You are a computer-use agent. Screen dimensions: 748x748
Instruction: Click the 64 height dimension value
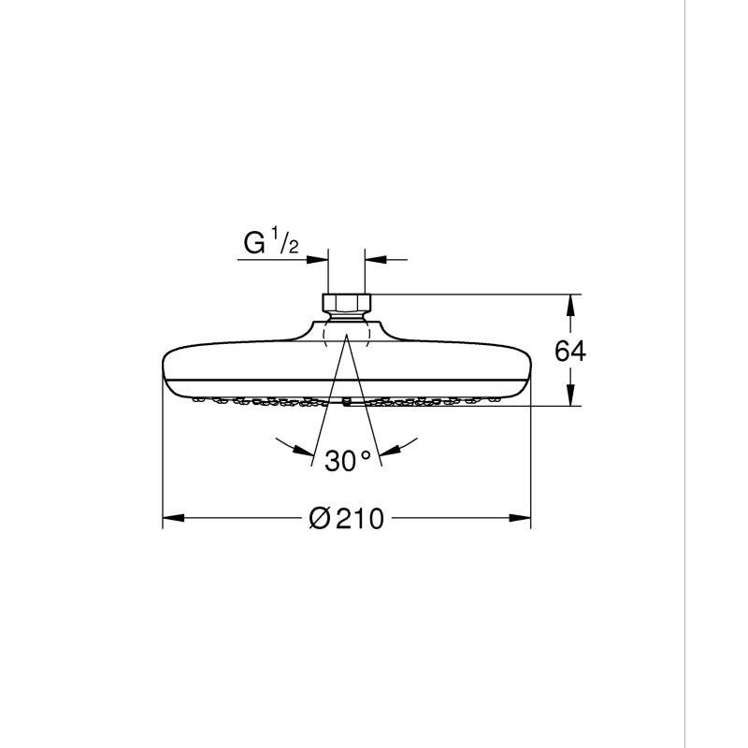click(570, 352)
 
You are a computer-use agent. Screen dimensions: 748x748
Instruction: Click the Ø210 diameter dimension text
click(346, 518)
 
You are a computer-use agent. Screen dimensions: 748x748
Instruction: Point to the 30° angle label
click(347, 461)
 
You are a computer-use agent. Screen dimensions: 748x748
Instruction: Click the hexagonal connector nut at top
click(346, 302)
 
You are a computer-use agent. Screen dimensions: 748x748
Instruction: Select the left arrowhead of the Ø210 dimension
click(174, 518)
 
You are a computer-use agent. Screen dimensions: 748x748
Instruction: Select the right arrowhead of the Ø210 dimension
click(520, 518)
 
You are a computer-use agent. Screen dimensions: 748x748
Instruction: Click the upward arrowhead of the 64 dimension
click(569, 306)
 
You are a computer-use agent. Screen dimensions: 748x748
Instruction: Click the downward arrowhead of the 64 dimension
click(569, 396)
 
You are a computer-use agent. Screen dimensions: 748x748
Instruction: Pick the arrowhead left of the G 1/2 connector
click(318, 260)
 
